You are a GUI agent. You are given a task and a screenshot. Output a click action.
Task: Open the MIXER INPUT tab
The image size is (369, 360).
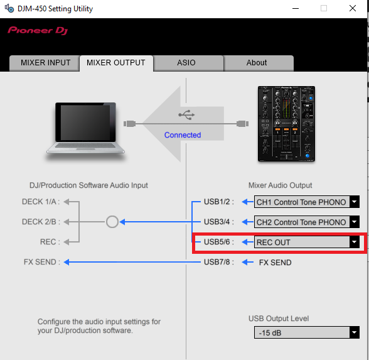tap(45, 63)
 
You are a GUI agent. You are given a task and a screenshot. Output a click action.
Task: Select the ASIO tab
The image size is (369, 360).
tap(186, 63)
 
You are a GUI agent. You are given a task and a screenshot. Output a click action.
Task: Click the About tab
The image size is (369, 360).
tap(257, 63)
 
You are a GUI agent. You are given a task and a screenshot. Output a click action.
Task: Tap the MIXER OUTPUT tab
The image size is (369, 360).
tap(116, 63)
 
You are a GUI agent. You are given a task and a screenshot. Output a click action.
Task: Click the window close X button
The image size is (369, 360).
tap(353, 9)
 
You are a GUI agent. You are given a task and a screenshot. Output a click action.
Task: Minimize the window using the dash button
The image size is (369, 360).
tap(296, 9)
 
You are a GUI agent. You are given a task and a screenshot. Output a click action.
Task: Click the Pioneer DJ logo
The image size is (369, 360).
tap(38, 31)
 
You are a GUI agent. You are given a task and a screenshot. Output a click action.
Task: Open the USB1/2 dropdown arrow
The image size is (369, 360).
tap(354, 202)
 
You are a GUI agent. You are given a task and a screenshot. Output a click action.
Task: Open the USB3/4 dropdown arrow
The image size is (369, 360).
tap(354, 222)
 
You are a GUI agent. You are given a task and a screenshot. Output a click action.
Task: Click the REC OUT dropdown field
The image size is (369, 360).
tap(302, 242)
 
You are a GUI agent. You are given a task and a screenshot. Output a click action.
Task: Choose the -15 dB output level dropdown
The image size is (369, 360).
tap(307, 333)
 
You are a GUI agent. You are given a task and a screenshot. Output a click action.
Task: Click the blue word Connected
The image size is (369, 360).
tap(183, 135)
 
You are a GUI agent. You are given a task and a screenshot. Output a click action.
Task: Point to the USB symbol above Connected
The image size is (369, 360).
tap(186, 115)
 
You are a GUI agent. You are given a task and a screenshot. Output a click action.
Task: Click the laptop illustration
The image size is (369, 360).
tap(85, 128)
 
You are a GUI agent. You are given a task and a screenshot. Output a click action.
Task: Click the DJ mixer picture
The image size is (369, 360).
tap(286, 124)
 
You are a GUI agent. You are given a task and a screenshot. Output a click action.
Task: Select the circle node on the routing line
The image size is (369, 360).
tap(112, 216)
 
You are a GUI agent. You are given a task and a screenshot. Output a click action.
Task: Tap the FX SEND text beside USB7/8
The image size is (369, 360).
tap(275, 263)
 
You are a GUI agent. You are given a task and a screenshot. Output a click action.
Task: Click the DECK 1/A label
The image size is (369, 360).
tap(41, 202)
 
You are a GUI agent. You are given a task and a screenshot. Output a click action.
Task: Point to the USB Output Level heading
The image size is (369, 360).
tap(279, 319)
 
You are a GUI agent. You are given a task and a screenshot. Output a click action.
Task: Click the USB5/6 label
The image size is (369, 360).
tap(218, 242)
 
